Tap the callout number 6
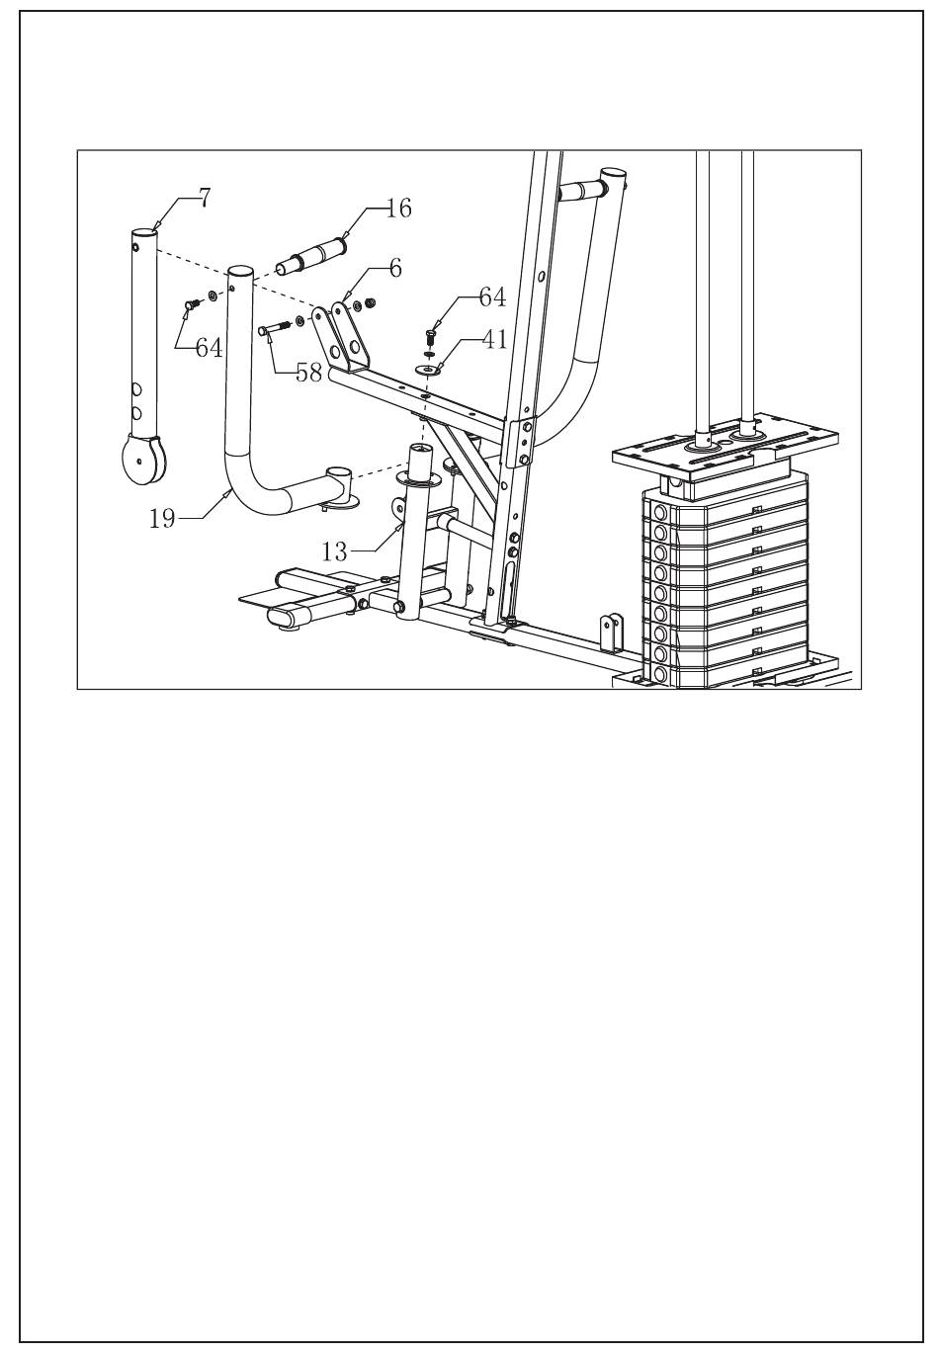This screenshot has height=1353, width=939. (394, 268)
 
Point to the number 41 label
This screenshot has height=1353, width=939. (494, 340)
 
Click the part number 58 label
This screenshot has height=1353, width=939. (308, 374)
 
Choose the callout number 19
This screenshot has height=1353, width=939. (162, 517)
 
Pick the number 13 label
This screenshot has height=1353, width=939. (336, 550)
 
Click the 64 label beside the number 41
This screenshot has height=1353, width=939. (491, 297)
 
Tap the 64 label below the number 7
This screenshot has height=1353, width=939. (208, 348)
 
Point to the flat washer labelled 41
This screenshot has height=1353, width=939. (429, 371)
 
